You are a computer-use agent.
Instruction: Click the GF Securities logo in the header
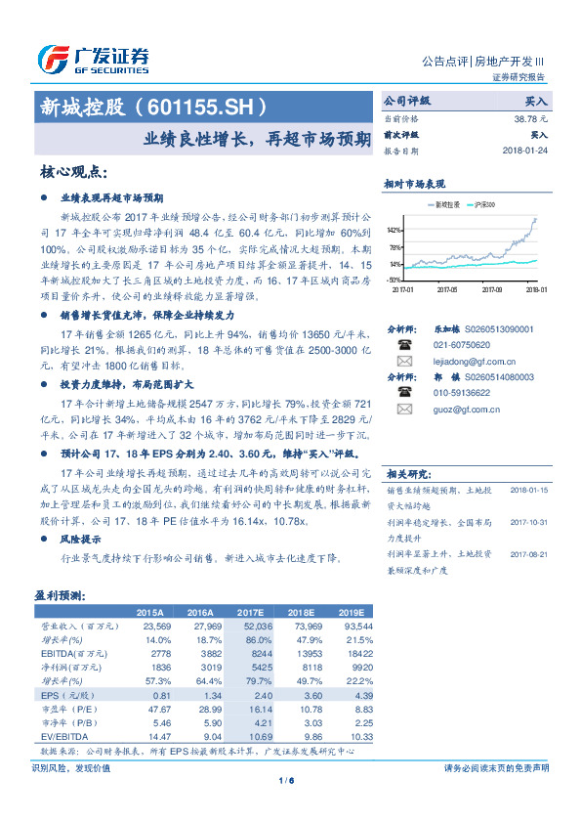pos(93,58)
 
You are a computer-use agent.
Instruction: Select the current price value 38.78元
pos(530,117)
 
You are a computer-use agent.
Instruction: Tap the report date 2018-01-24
pos(525,152)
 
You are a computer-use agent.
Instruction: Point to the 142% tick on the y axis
pos(395,230)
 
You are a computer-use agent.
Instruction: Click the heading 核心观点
pos(74,172)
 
